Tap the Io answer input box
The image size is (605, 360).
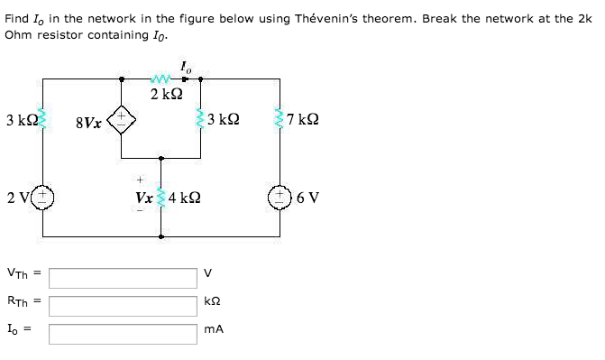pos(123,334)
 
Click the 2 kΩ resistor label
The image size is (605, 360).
pos(166,95)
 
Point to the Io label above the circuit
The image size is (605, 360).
pos(185,66)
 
